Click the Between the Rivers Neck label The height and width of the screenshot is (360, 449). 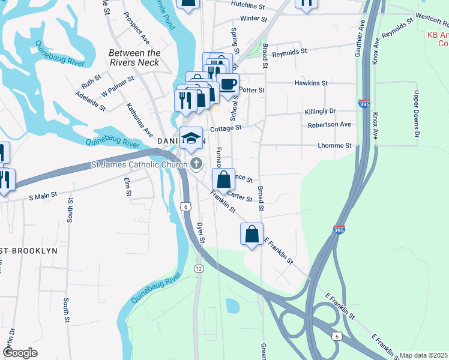click(x=134, y=58)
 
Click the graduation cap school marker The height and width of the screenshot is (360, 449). click(x=191, y=139)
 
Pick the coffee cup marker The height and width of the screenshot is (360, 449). click(x=228, y=85)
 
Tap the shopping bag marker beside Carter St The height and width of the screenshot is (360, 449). click(x=223, y=179)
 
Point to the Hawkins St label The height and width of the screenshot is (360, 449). click(x=310, y=83)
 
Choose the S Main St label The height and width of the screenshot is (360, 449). click(x=43, y=195)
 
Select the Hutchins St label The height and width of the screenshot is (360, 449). click(x=248, y=5)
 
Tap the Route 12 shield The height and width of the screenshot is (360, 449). click(x=199, y=268)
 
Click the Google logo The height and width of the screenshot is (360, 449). click(x=20, y=353)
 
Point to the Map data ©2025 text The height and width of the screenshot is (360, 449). click(x=424, y=355)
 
